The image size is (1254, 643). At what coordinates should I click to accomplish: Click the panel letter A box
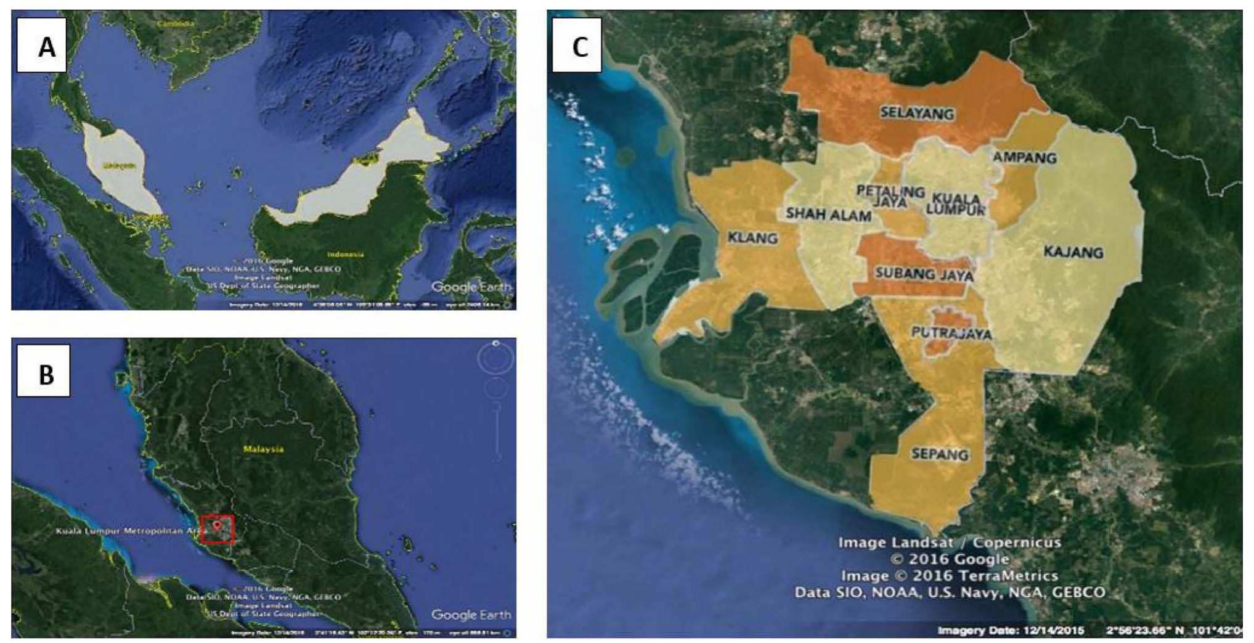click(42, 46)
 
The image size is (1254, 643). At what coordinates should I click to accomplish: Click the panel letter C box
click(577, 46)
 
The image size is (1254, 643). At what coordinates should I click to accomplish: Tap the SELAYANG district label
click(916, 113)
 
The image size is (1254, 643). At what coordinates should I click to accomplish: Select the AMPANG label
click(1024, 158)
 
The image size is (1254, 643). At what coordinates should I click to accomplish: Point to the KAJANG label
click(1073, 252)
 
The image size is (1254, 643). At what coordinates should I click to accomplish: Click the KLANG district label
click(752, 238)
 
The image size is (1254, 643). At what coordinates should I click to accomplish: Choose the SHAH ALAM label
click(828, 215)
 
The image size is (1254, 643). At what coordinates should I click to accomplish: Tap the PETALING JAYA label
click(891, 197)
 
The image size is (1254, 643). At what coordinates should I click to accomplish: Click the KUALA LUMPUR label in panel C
click(956, 204)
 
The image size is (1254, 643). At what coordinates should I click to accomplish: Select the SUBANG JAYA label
click(924, 274)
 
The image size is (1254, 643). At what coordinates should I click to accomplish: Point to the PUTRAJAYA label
click(951, 334)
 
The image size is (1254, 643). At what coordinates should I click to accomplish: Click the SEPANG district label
click(940, 454)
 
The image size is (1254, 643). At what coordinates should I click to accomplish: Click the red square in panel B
click(218, 529)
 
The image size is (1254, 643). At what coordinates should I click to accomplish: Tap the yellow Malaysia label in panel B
click(263, 449)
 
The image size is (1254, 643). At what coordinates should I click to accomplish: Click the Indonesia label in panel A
click(345, 254)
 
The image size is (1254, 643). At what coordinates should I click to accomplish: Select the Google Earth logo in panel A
click(471, 287)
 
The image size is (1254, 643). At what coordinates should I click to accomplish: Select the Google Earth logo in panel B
click(471, 615)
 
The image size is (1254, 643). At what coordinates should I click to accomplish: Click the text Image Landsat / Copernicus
click(950, 543)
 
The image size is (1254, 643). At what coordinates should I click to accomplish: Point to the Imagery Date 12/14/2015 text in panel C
click(1011, 630)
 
